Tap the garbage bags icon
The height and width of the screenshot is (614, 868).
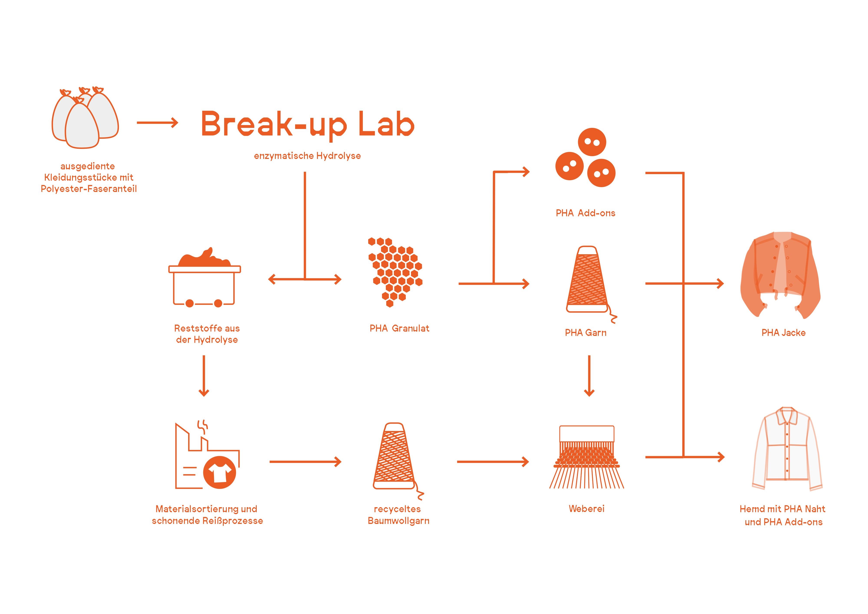click(85, 118)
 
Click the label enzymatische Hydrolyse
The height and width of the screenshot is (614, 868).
click(307, 156)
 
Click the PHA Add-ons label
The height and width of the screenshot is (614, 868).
click(585, 213)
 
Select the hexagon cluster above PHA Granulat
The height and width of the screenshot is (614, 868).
click(395, 272)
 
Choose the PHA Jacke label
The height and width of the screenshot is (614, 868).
click(783, 333)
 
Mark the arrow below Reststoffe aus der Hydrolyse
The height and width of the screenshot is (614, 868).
click(204, 375)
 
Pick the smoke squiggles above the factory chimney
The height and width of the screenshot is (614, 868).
click(203, 427)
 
